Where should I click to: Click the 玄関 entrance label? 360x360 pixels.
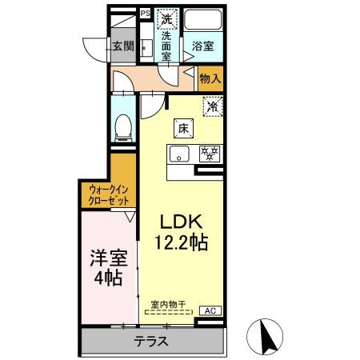[122, 46]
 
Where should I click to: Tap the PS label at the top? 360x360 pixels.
[145, 13]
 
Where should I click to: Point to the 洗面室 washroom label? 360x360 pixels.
[167, 46]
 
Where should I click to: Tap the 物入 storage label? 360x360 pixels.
[210, 79]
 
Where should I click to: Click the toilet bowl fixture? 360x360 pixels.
[124, 126]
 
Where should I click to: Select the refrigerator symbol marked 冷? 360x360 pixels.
[212, 106]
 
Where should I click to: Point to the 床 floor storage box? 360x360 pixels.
[182, 126]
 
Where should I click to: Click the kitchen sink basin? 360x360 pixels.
[179, 153]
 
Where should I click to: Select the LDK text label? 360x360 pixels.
[185, 222]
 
